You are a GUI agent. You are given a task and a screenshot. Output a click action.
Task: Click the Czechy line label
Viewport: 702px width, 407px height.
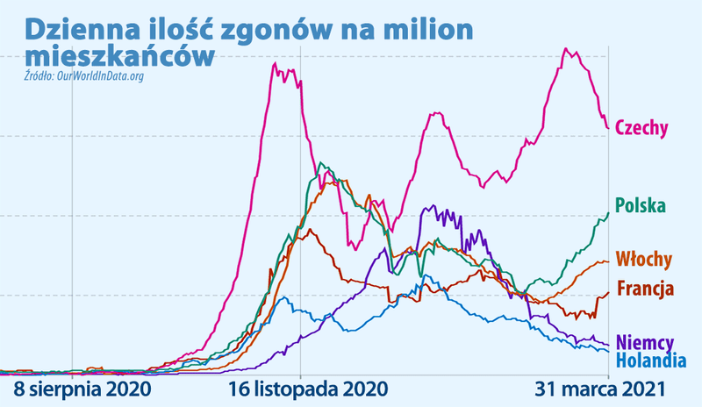point(641,128)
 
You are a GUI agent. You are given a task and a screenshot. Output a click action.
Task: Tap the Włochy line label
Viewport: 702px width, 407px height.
point(643,260)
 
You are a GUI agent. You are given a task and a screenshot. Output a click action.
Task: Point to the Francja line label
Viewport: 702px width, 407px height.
point(645,288)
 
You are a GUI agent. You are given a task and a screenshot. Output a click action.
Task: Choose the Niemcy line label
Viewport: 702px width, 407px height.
point(645,342)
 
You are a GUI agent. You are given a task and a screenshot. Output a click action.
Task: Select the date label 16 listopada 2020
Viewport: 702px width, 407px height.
point(301,387)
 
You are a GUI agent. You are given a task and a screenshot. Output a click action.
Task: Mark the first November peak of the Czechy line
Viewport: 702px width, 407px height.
point(276,63)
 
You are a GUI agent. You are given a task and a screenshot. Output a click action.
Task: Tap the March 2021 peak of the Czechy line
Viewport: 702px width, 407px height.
point(566,49)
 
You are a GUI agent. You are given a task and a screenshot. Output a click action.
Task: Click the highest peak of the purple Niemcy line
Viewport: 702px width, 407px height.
point(427,207)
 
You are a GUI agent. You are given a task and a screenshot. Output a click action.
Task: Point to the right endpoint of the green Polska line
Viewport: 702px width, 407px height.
point(609,212)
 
